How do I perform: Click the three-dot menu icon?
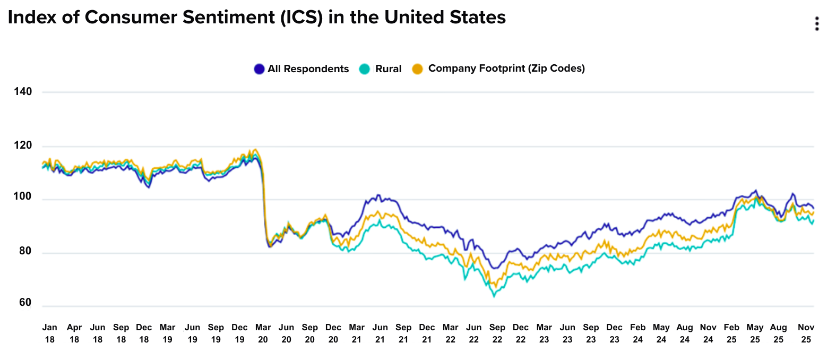pos(817,24)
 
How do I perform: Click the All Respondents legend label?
pos(308,69)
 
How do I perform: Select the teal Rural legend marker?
pos(364,69)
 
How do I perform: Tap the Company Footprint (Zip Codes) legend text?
pos(506,68)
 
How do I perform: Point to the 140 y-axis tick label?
pos(23,91)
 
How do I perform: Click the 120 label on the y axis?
pos(23,145)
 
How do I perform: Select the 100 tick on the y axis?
pos(23,196)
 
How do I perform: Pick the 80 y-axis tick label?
pos(25,251)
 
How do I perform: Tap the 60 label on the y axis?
pos(25,302)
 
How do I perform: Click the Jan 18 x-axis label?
pos(49,333)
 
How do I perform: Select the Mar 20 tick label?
pos(263,333)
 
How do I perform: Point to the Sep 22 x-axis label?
pos(497,333)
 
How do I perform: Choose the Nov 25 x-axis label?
pos(806,333)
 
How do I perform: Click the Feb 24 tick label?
pos(637,333)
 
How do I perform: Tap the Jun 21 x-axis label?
pos(380,333)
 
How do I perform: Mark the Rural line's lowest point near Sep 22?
pos(494,296)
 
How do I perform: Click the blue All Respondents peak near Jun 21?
pos(378,195)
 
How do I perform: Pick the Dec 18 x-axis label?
pos(144,333)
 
